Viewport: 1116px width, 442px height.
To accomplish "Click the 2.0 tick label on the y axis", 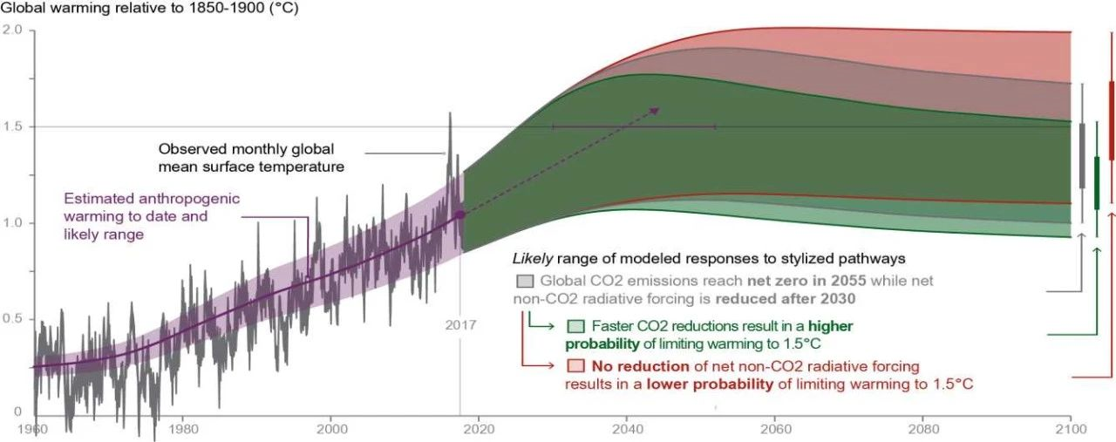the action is (12, 30).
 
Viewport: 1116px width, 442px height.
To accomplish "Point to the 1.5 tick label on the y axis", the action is (12, 126).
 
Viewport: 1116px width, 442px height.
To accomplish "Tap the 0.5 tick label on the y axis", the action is (12, 318).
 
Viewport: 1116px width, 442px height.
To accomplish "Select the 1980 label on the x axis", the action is (183, 429).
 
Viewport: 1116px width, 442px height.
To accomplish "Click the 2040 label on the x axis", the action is (627, 429).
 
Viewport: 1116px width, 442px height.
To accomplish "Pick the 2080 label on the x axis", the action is (923, 429).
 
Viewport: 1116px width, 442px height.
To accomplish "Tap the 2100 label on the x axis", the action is (1071, 429).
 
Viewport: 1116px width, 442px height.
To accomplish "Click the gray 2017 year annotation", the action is (460, 325).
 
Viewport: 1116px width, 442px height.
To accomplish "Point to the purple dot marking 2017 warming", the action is (460, 214).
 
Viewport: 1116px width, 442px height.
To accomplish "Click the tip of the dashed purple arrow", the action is (660, 107).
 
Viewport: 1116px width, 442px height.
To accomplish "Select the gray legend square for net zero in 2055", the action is (525, 281).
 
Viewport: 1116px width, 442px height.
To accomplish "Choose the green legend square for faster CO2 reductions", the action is (575, 326).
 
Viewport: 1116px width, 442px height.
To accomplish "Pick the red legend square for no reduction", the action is (575, 366).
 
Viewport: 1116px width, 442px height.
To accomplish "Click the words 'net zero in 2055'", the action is (806, 281).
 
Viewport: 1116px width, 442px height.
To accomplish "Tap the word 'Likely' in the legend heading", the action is (533, 259).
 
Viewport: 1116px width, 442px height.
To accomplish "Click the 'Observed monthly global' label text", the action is (246, 149).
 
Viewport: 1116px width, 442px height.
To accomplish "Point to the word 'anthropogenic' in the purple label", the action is (189, 199).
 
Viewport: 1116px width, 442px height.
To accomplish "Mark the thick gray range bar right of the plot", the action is (1082, 155).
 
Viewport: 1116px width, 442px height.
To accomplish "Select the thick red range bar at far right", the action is (1112, 120).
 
